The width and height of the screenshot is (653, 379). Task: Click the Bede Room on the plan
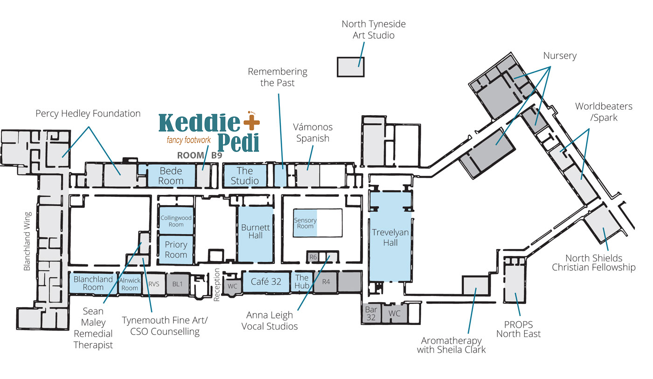coord(171,176)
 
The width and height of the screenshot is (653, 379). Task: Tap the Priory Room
coord(176,249)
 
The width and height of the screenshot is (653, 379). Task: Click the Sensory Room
coord(306,223)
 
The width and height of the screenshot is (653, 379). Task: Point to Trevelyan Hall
coord(390,237)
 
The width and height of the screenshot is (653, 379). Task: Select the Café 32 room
coord(265,282)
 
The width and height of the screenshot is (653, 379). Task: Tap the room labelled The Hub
coord(302,282)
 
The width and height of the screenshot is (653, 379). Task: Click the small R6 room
coord(313,257)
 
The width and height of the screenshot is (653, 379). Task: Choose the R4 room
coord(326,282)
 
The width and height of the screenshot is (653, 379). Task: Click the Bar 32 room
coord(371,313)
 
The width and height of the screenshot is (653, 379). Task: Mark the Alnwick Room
coord(129,284)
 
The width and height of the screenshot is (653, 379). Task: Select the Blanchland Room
coord(93,283)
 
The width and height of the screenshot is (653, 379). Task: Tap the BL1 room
coord(177,283)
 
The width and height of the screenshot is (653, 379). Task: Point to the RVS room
coord(154,283)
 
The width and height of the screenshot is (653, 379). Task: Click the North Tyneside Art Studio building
coord(351,67)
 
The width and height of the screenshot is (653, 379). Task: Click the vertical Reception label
coord(217,284)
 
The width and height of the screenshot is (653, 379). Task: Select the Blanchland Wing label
coord(28,241)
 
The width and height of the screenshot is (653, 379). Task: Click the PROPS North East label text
coord(518,329)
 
